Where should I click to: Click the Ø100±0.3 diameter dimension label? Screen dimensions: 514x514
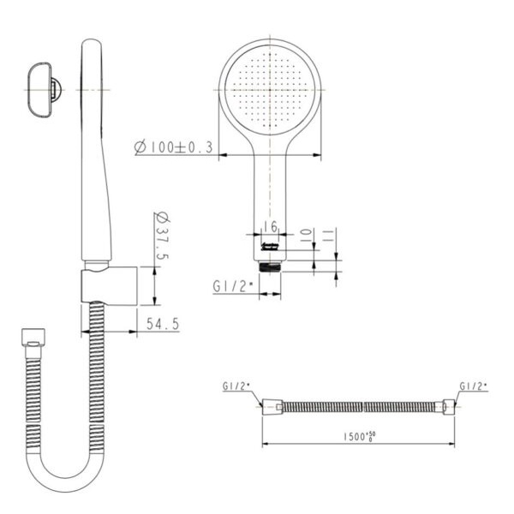pyautogui.click(x=174, y=146)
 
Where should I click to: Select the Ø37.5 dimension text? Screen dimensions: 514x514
pyautogui.click(x=162, y=236)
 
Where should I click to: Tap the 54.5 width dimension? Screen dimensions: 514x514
pyautogui.click(x=163, y=324)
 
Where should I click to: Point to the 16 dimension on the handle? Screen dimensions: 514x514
pyautogui.click(x=270, y=226)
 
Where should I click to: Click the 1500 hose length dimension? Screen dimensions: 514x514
pyautogui.click(x=359, y=437)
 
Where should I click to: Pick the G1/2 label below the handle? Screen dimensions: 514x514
pyautogui.click(x=233, y=286)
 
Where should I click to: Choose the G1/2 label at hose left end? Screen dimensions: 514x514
pyautogui.click(x=236, y=386)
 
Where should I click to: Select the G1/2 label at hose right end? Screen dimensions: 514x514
pyautogui.click(x=474, y=386)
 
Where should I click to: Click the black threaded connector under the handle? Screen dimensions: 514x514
pyautogui.click(x=270, y=266)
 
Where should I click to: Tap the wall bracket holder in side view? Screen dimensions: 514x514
pyautogui.click(x=109, y=286)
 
